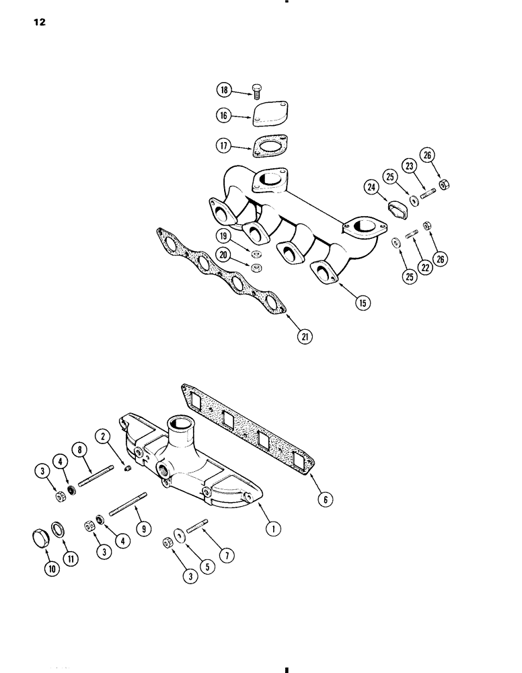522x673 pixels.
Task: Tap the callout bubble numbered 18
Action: coord(223,90)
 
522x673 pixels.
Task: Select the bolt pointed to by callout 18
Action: coord(256,90)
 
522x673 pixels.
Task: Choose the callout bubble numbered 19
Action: coord(223,236)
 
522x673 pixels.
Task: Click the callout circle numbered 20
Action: coord(223,254)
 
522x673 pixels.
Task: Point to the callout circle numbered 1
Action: coord(272,529)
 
